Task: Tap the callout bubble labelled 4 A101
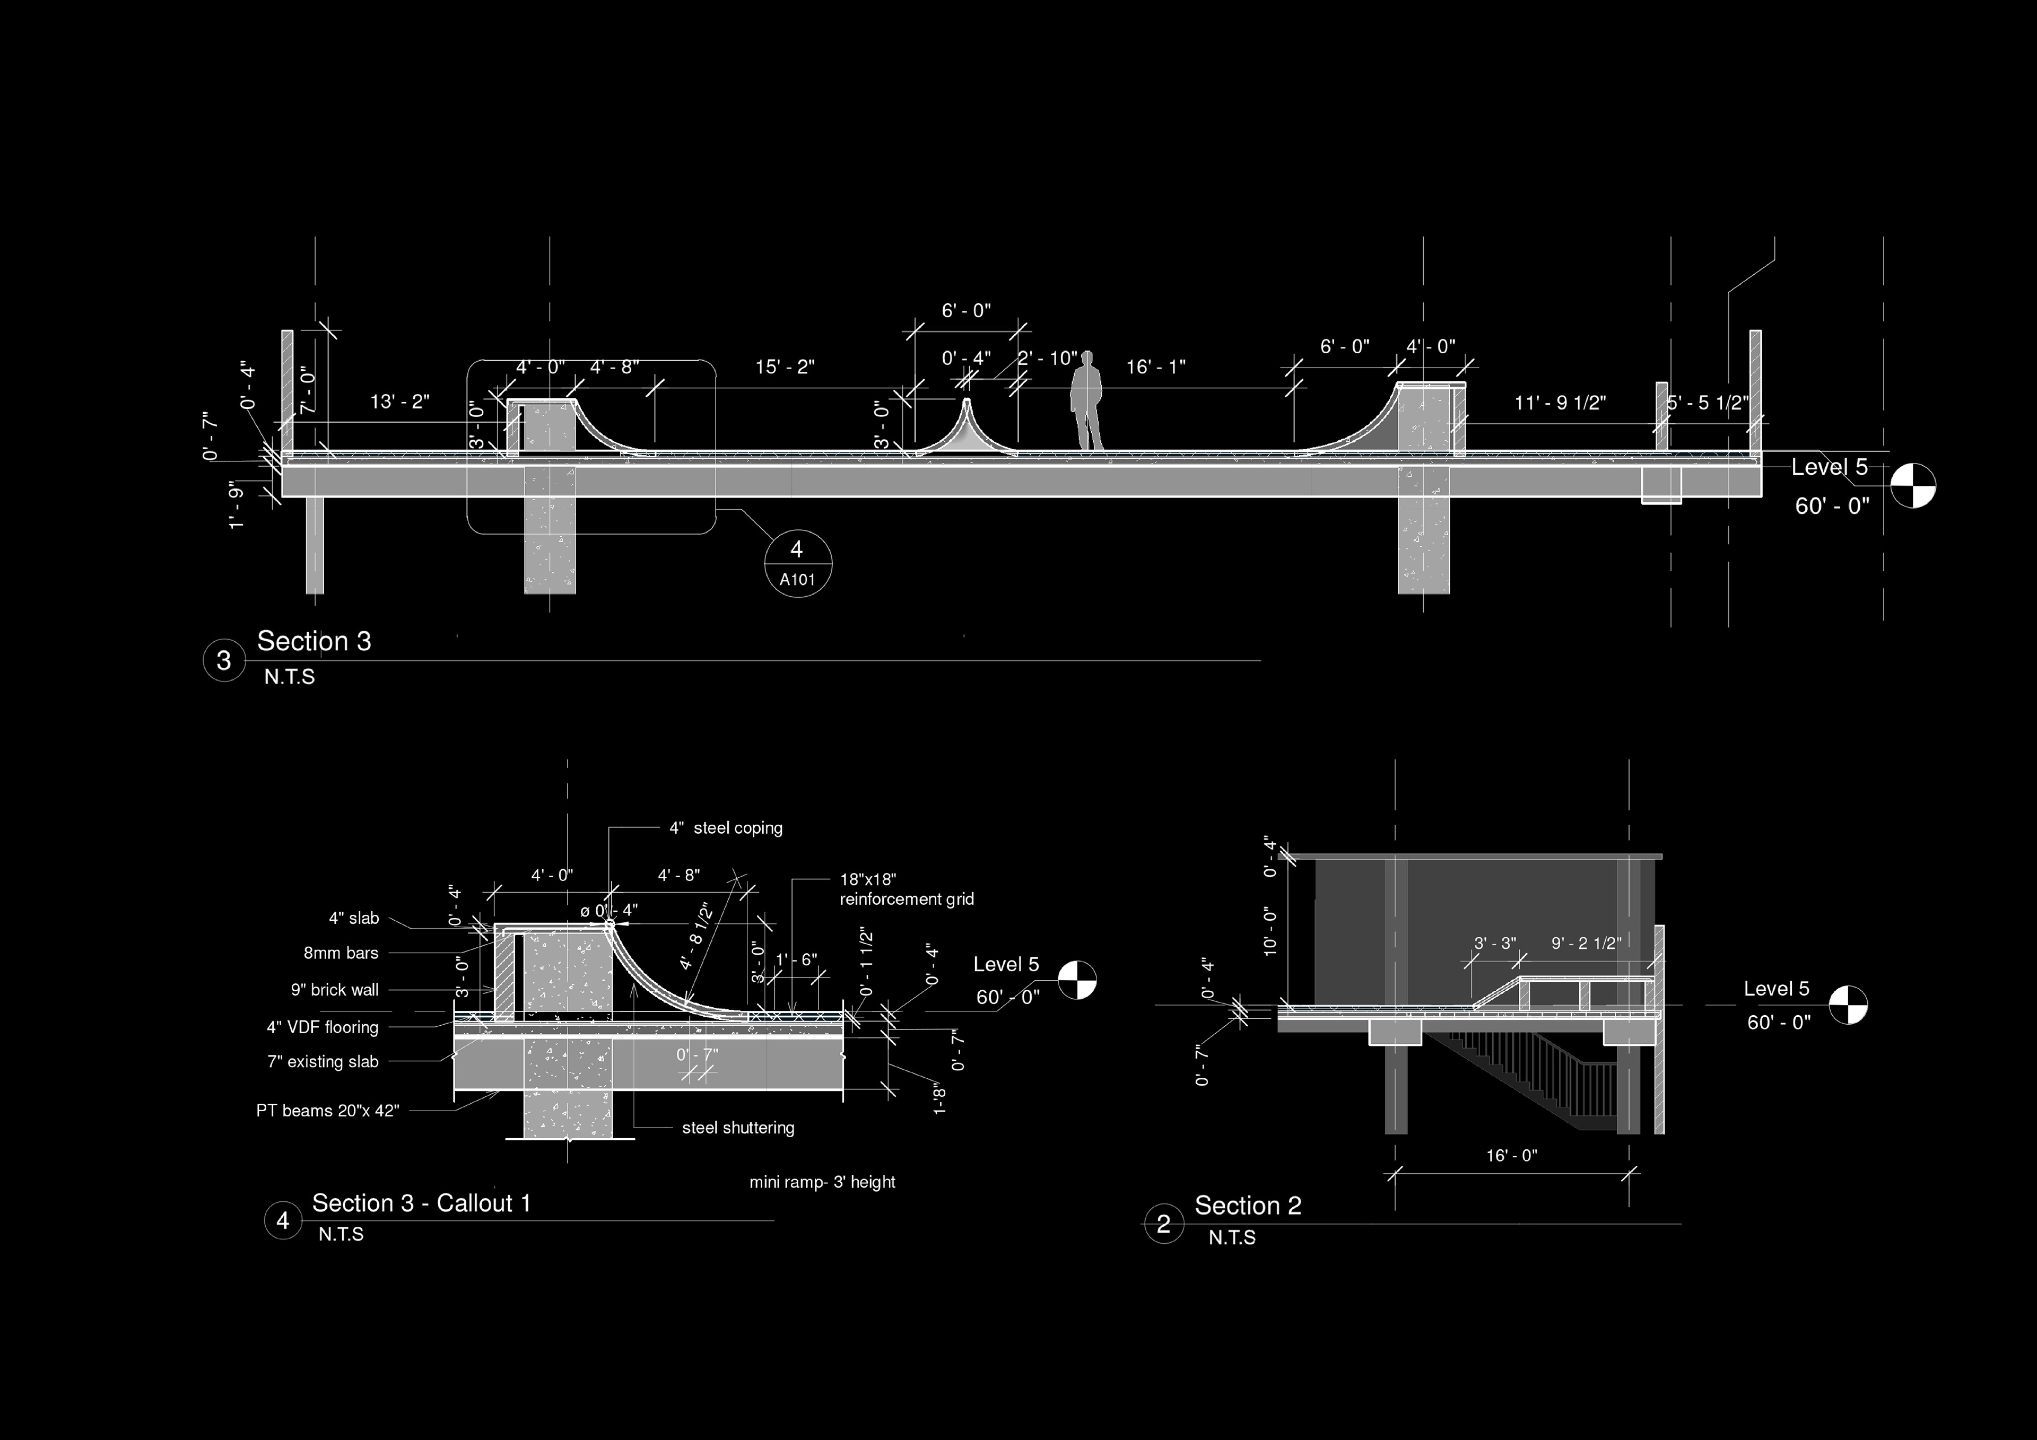click(x=798, y=563)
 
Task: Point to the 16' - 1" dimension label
click(x=1155, y=366)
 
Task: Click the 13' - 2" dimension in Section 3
click(x=399, y=402)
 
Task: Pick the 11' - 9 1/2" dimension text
click(x=1560, y=403)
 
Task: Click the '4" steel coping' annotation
click(x=726, y=828)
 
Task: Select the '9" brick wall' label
click(x=335, y=989)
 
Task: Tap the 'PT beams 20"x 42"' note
click(x=327, y=1110)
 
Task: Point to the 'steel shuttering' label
click(x=737, y=1128)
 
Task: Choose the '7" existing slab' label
click(x=323, y=1061)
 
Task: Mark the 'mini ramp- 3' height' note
click(x=822, y=1182)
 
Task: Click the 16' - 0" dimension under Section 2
click(x=1512, y=1155)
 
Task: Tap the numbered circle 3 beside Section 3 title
click(x=223, y=660)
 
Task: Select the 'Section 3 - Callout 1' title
click(x=421, y=1203)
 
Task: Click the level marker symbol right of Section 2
click(x=1849, y=1005)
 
